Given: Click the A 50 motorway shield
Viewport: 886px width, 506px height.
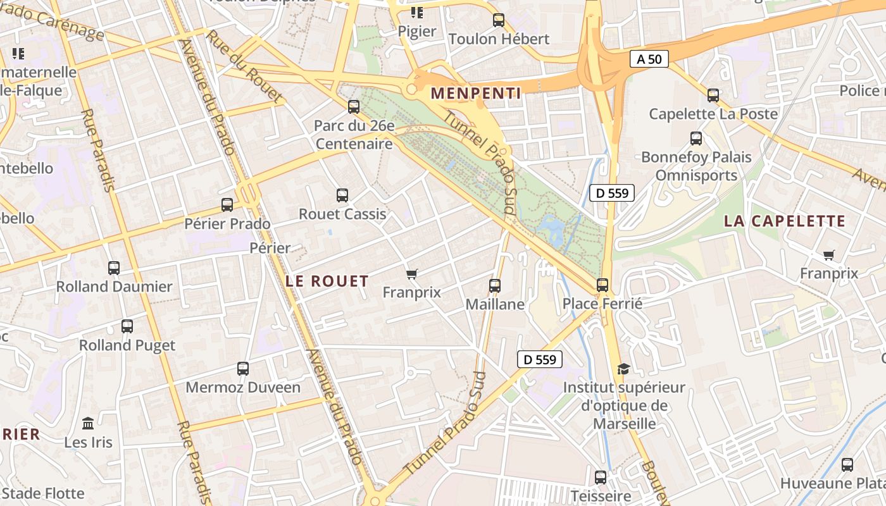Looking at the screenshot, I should (x=649, y=59).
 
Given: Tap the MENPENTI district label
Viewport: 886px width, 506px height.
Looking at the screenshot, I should (x=476, y=94).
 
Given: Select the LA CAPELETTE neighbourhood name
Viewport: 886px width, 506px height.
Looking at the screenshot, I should (x=785, y=221).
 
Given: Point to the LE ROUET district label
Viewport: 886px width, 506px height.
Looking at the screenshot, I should (x=327, y=281).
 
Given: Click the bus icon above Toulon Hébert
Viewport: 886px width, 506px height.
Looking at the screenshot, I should (x=499, y=20).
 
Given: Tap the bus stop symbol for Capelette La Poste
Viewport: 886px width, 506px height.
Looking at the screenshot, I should (x=713, y=96).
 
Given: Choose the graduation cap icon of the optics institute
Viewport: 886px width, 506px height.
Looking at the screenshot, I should (x=624, y=369).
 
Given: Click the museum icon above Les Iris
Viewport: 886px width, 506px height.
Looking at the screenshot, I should (x=88, y=423).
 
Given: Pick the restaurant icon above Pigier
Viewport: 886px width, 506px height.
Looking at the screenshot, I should (x=416, y=13).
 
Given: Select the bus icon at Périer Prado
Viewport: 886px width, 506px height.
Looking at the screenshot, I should (x=227, y=205).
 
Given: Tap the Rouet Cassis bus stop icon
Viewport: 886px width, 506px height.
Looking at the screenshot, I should (x=342, y=195).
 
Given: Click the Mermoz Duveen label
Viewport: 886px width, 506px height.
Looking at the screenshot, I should (x=243, y=387).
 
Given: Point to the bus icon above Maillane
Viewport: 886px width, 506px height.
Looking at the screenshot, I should (x=495, y=286).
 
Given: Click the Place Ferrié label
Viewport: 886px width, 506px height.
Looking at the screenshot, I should (x=602, y=304).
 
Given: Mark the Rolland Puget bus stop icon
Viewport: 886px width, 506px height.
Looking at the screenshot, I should (x=127, y=326).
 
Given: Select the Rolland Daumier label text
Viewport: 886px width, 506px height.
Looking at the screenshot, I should (x=115, y=287).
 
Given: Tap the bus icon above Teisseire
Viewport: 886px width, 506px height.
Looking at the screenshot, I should (x=601, y=477).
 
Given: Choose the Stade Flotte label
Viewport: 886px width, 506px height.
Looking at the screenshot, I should (x=43, y=493).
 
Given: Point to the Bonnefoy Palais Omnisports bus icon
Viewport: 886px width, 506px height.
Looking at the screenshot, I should (x=696, y=139).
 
